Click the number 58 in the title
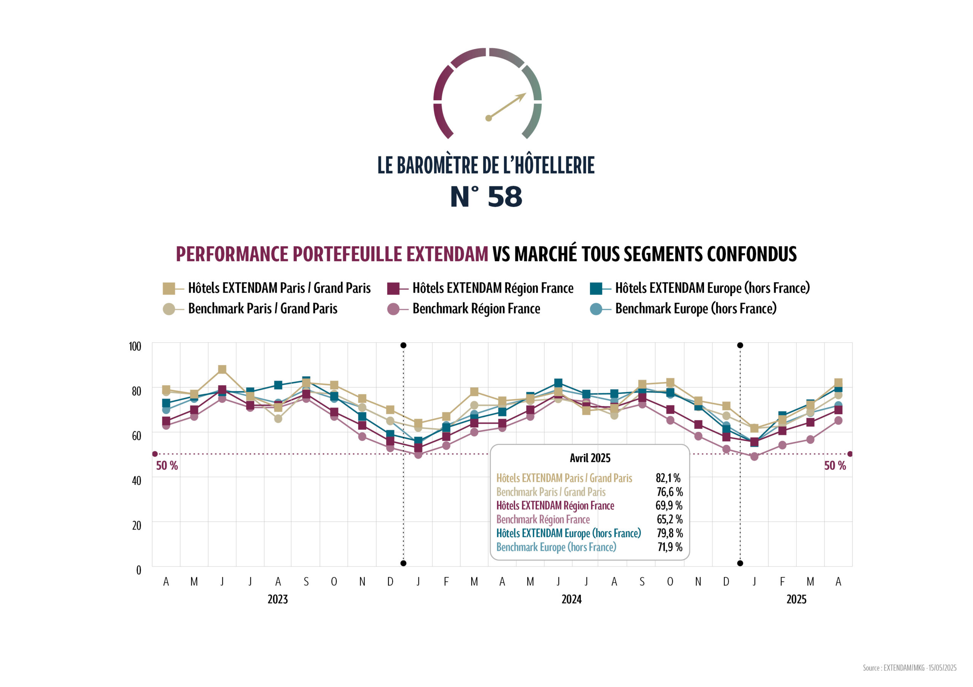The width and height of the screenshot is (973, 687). tap(505, 197)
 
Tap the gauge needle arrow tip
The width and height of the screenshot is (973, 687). tap(525, 95)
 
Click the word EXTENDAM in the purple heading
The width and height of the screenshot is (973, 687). tap(447, 254)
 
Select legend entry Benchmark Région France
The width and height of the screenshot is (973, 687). tap(476, 309)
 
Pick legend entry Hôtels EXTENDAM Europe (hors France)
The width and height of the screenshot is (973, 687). tap(712, 288)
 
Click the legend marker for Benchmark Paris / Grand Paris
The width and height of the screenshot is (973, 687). tap(169, 309)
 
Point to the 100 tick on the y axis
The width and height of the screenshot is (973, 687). tap(135, 346)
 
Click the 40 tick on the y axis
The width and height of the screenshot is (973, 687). tap(136, 481)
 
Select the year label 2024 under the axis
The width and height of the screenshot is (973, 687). tap(571, 599)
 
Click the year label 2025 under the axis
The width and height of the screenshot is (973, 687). tap(796, 599)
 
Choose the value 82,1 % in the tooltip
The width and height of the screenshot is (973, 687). tap(668, 478)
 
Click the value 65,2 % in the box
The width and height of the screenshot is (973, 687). tap(670, 519)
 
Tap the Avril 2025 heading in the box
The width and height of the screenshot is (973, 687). tap(590, 458)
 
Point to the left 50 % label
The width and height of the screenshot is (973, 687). tap(167, 466)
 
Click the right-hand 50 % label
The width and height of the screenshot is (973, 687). tap(834, 466)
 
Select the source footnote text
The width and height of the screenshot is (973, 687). tap(910, 668)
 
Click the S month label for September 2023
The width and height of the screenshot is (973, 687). tap(306, 581)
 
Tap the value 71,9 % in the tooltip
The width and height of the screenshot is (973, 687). tap(670, 547)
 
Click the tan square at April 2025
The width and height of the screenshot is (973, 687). tap(838, 382)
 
